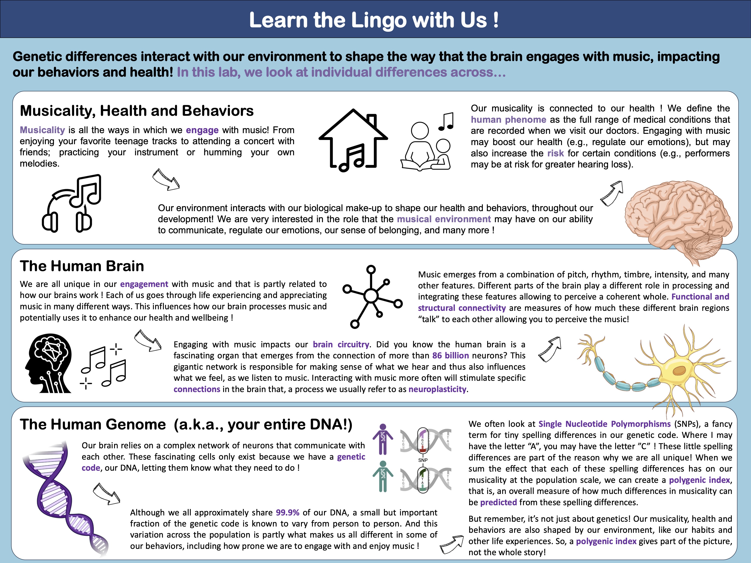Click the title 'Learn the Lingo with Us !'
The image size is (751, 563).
coord(374,20)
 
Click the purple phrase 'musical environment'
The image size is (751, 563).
coord(444,219)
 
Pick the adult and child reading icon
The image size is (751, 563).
coord(426,146)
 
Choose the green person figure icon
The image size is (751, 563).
coord(383,476)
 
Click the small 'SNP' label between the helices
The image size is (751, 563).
coord(423,460)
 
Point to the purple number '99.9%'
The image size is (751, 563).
coord(287,512)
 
